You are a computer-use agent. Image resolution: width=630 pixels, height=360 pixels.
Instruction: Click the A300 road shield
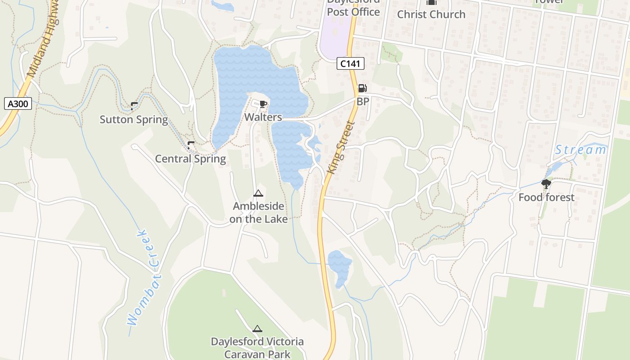(x=18, y=104)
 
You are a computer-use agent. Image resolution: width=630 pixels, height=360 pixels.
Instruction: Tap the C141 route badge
(x=350, y=63)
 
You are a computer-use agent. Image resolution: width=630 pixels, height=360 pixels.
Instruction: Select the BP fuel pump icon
(x=362, y=88)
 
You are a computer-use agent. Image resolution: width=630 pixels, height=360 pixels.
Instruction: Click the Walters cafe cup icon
(x=263, y=105)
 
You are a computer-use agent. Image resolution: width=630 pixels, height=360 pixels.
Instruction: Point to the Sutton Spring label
(x=134, y=120)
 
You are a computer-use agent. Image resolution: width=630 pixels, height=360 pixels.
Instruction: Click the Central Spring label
(x=190, y=159)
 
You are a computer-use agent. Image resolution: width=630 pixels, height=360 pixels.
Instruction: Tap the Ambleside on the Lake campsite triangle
(x=258, y=193)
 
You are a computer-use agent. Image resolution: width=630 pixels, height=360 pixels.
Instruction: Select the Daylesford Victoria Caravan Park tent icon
(x=257, y=329)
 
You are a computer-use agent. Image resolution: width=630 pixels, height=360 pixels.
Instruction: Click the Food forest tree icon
(x=546, y=184)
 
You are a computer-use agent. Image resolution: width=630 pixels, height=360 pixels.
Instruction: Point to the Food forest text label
(x=546, y=198)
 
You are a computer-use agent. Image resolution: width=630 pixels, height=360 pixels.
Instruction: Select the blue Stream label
(x=580, y=150)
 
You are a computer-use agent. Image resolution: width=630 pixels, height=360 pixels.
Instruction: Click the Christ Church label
(x=431, y=14)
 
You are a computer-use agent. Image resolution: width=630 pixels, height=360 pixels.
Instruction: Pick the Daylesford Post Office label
(x=353, y=9)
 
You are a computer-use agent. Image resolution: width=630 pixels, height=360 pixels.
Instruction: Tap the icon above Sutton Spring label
(x=134, y=106)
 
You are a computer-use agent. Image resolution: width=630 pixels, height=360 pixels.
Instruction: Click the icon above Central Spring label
(x=191, y=145)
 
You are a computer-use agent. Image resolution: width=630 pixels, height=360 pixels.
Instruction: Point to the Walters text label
(x=263, y=117)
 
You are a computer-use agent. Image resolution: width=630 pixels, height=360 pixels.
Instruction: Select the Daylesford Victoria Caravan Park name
(x=257, y=348)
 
